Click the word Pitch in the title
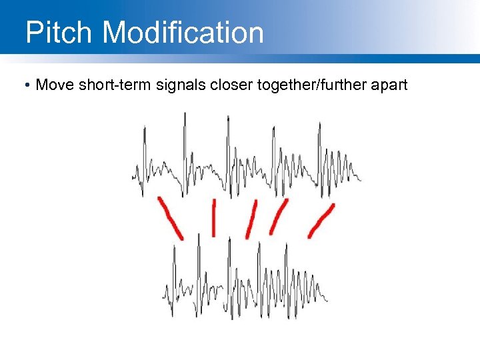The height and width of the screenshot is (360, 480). coord(58,32)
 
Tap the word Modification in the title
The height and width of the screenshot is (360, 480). coord(183,32)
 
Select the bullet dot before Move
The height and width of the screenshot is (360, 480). coord(25,86)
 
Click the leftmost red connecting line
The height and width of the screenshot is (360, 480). coord(171,217)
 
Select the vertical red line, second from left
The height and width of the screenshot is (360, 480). coord(213,217)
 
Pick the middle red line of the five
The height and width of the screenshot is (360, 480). coord(251,219)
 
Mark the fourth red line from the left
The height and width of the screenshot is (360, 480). coord(278,217)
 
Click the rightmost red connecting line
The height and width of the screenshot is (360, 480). coord(321,220)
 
